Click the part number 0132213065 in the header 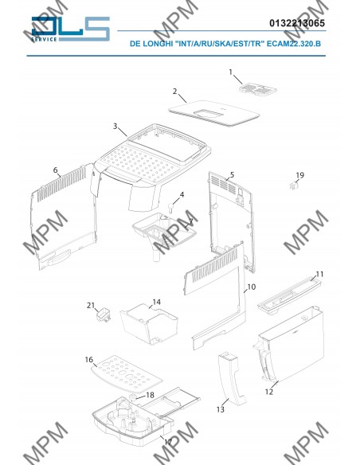tap(297, 23)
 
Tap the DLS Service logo tap(71, 29)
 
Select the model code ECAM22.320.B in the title tap(294, 44)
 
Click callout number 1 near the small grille tap(231, 72)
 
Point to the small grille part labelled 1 tap(258, 89)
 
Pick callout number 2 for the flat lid tap(175, 91)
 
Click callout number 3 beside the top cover tap(115, 126)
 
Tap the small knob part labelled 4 tap(171, 207)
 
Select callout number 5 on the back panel tap(232, 174)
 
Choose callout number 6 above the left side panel tap(56, 170)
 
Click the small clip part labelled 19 tap(294, 186)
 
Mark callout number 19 tap(299, 175)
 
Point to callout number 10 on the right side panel tap(251, 287)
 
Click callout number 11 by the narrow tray tap(319, 274)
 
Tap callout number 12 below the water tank tap(268, 392)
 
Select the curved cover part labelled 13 tap(232, 378)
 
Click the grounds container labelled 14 tap(149, 326)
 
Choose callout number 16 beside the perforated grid tap(89, 359)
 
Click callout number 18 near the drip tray tap(150, 395)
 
